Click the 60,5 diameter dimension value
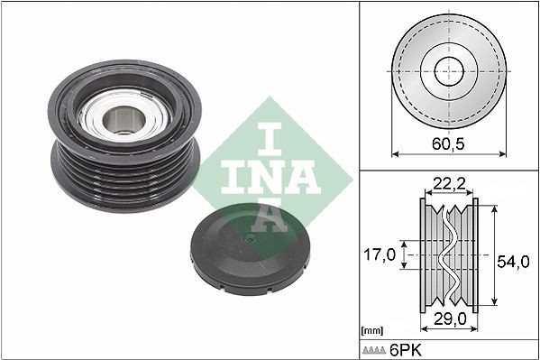point(448,143)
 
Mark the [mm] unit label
point(371,331)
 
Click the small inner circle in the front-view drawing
point(448,72)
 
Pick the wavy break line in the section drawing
point(448,254)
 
